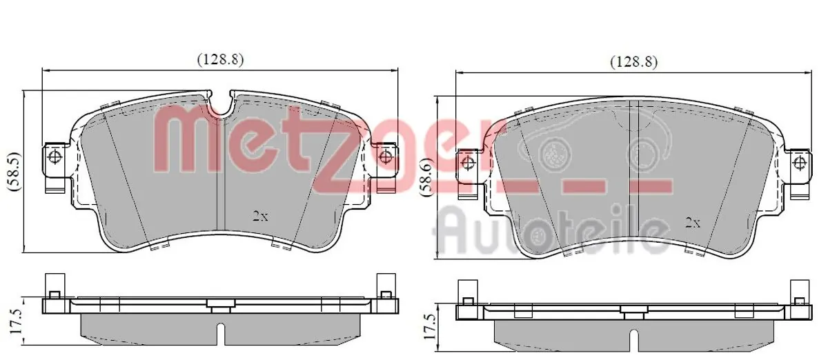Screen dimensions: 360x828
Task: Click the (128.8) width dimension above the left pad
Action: pyautogui.click(x=221, y=59)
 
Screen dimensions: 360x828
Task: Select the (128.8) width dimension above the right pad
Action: pyautogui.click(x=633, y=62)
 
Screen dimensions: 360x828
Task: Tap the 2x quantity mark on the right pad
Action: pyautogui.click(x=692, y=222)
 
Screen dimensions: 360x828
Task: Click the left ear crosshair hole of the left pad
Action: pyautogui.click(x=54, y=156)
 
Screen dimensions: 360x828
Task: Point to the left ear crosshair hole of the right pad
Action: pyautogui.click(x=468, y=163)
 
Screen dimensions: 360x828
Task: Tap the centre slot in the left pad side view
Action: pyautogui.click(x=219, y=332)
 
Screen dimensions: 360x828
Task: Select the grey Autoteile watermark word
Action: pyautogui.click(x=552, y=229)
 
